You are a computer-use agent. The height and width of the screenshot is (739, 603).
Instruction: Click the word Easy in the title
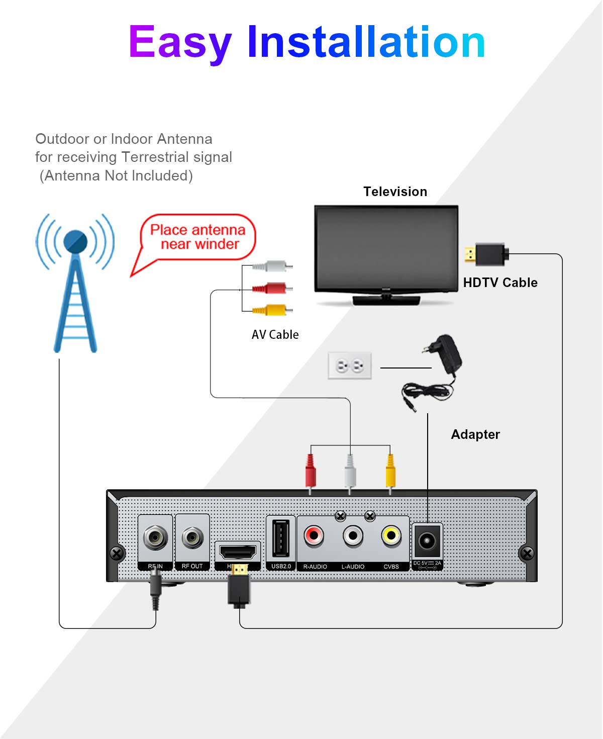[180, 43]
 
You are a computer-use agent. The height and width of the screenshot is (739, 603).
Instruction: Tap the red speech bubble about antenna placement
[198, 237]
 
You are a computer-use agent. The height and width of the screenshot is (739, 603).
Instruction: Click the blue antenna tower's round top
[76, 242]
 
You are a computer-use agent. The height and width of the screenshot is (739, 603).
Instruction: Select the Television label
[395, 192]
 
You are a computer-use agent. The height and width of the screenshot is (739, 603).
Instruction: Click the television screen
[386, 248]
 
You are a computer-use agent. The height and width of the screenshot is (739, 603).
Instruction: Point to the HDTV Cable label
[500, 283]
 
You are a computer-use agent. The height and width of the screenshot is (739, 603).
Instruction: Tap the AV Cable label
[275, 335]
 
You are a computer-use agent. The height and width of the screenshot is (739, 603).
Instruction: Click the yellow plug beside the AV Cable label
[272, 310]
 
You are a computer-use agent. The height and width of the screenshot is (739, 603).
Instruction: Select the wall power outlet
[350, 365]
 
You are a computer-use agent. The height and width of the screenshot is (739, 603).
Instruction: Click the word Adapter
[475, 434]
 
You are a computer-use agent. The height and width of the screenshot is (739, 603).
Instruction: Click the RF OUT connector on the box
[192, 538]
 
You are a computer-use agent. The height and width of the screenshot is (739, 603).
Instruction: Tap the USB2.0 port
[280, 538]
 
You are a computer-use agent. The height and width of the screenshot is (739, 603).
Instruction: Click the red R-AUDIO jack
[314, 536]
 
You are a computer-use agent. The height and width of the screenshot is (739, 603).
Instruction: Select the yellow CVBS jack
[391, 536]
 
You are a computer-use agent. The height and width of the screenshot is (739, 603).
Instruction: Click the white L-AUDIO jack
[353, 536]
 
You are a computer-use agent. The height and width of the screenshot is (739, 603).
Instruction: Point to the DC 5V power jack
[427, 541]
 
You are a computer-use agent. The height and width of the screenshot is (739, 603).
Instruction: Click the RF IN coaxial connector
[155, 538]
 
